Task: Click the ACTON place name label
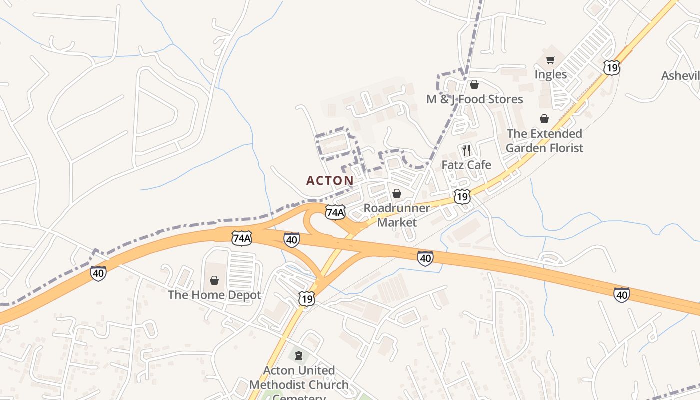click(330, 180)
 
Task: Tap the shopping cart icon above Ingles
click(550, 60)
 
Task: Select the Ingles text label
click(550, 75)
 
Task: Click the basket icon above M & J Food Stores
click(474, 84)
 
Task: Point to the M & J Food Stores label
click(474, 99)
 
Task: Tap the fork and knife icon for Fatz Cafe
click(466, 150)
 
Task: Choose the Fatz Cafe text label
click(466, 165)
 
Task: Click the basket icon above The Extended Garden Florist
click(544, 119)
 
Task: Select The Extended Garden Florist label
click(544, 141)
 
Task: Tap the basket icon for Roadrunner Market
click(397, 193)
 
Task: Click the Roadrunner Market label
click(397, 215)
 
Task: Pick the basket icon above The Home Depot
click(214, 280)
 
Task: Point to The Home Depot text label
click(214, 295)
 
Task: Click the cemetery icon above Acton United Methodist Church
click(299, 356)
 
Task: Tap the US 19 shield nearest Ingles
click(611, 67)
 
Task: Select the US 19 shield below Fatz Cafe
click(462, 197)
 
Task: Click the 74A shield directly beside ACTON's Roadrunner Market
click(335, 212)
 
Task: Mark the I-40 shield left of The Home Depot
click(98, 273)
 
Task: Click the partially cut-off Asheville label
click(680, 76)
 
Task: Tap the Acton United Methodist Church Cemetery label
click(299, 384)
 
